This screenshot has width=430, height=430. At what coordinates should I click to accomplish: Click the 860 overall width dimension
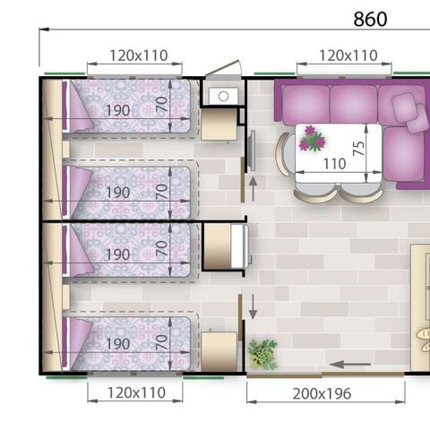pyautogui.click(x=370, y=19)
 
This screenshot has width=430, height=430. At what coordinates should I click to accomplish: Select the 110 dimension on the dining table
pyautogui.click(x=333, y=164)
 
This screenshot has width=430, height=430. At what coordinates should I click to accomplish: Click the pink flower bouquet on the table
pyautogui.click(x=312, y=138)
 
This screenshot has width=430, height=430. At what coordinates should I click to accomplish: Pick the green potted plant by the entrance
pyautogui.click(x=262, y=353)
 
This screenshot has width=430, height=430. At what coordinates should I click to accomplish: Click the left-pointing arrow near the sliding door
pyautogui.click(x=349, y=364)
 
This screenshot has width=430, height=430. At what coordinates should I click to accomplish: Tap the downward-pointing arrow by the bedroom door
pyautogui.click(x=253, y=306)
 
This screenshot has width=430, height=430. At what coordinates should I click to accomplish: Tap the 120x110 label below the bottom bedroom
pyautogui.click(x=138, y=392)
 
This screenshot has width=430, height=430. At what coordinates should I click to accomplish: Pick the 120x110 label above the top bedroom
pyautogui.click(x=138, y=56)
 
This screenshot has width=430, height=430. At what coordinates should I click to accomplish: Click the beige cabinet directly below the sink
pyautogui.click(x=219, y=125)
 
